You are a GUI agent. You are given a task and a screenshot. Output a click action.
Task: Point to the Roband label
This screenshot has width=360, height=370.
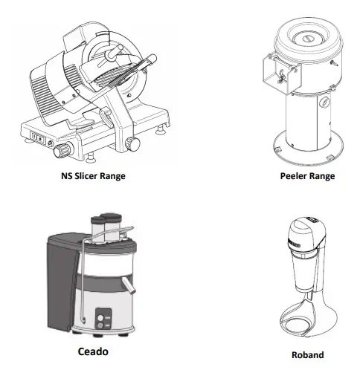(306, 355)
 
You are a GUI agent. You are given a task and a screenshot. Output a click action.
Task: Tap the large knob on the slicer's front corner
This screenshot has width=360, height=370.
(60, 151)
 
